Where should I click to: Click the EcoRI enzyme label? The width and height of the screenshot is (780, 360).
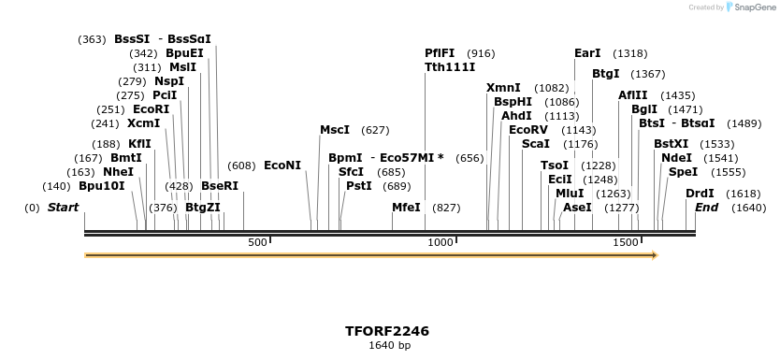(x=152, y=109)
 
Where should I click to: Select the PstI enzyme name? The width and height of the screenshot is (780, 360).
(x=359, y=186)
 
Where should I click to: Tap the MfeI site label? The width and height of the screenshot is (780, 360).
(x=406, y=208)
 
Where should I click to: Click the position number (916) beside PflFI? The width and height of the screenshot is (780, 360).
(x=481, y=53)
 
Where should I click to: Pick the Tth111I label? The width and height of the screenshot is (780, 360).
(x=450, y=67)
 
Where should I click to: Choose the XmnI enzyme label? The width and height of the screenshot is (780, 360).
(x=503, y=88)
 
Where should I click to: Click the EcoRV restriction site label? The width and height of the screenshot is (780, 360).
(x=528, y=130)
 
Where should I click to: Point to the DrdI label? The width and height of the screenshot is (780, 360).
(x=700, y=194)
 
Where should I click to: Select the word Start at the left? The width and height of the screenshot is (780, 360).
(x=63, y=208)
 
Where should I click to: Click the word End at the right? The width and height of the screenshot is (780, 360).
(x=706, y=208)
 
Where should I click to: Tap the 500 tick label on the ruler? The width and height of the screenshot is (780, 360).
(x=257, y=243)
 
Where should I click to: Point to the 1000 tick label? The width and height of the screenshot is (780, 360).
(x=441, y=243)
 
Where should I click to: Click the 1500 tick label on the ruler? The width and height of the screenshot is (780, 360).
(x=626, y=243)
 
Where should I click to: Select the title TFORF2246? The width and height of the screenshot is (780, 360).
(x=387, y=331)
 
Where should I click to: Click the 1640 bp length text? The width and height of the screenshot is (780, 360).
(x=389, y=345)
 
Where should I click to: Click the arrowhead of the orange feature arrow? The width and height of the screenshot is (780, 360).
(x=652, y=254)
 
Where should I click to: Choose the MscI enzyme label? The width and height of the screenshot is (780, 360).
(x=335, y=130)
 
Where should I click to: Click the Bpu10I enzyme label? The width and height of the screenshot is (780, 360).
(x=102, y=186)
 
